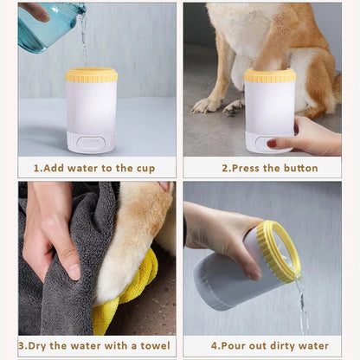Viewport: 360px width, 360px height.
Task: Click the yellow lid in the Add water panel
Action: click(x=92, y=75)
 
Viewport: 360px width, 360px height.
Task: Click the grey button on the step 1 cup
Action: click(x=91, y=143)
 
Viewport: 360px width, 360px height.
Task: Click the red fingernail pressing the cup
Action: click(x=272, y=143)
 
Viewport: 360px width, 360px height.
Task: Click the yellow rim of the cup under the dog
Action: click(x=269, y=76)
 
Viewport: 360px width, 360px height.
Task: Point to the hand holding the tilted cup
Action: click(x=216, y=234)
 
